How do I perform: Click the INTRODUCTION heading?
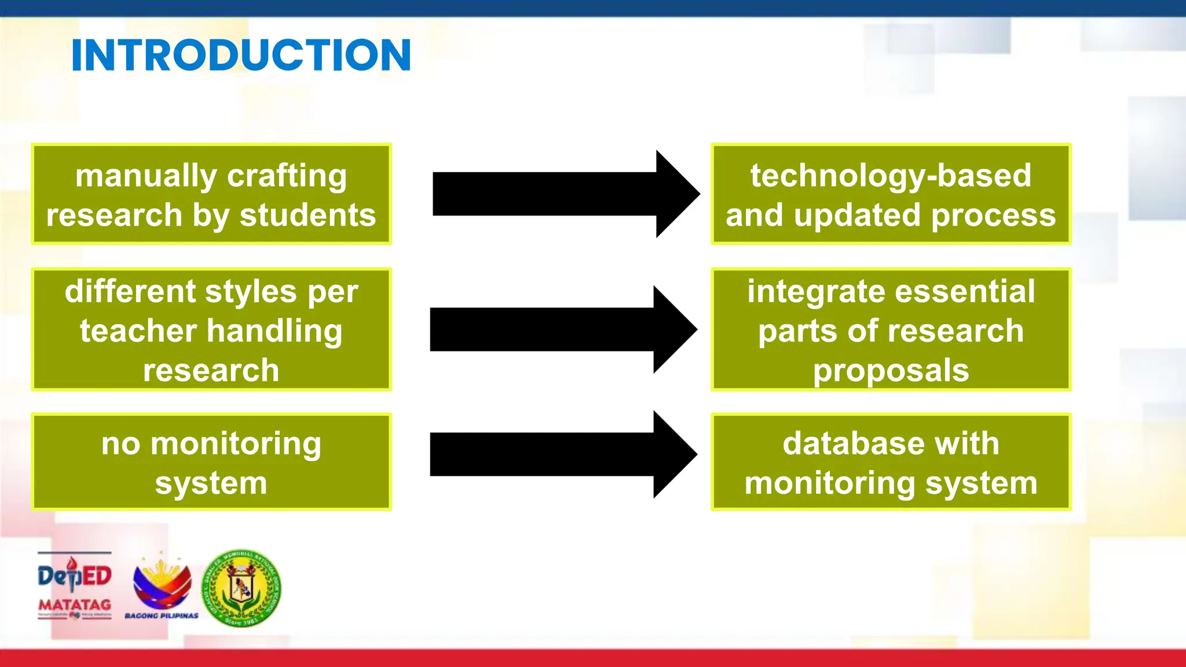pos(241,56)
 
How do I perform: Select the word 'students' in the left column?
pos(308,215)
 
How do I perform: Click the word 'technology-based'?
pos(891,175)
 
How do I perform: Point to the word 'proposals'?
pos(891,371)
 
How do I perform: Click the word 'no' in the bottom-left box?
pos(120,444)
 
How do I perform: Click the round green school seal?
pos(241,588)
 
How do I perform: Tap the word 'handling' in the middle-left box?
pos(274,331)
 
